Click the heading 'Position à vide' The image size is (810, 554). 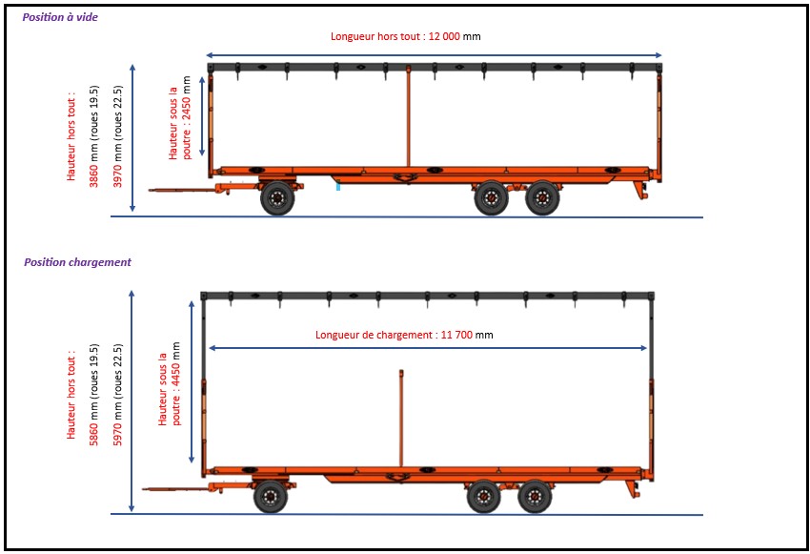click(61, 17)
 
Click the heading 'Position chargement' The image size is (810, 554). click(77, 262)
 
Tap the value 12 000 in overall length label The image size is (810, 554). click(444, 36)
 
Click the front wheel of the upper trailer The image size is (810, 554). click(277, 198)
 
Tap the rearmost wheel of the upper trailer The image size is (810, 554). click(542, 198)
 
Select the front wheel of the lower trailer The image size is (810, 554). click(270, 497)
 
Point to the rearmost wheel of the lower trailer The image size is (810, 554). click(535, 497)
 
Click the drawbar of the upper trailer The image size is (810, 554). click(186, 189)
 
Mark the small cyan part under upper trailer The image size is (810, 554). click(337, 188)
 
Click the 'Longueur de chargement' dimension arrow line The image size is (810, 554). click(286, 348)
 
